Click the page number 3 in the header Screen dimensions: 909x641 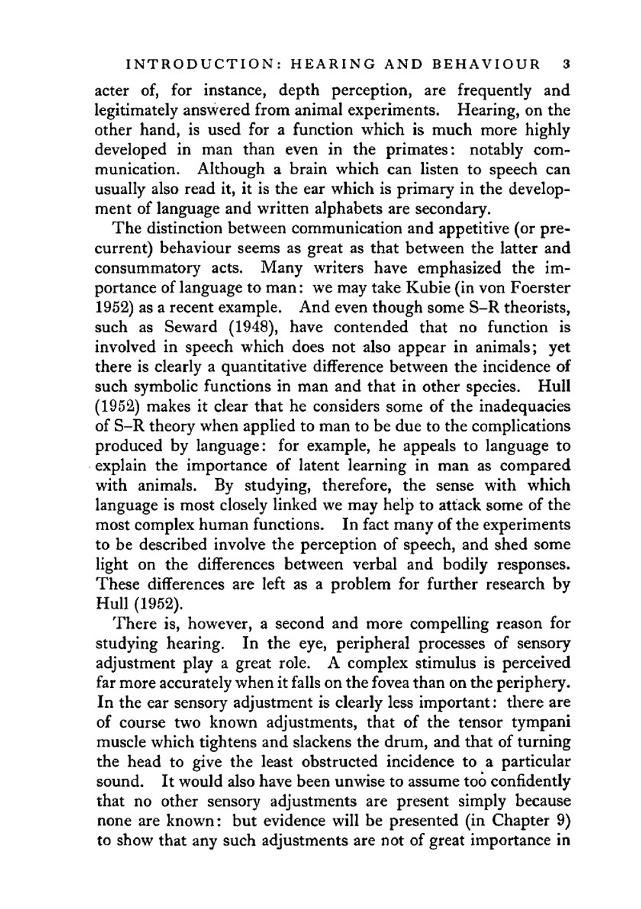click(x=565, y=64)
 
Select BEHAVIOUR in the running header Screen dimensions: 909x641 click(x=487, y=64)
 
